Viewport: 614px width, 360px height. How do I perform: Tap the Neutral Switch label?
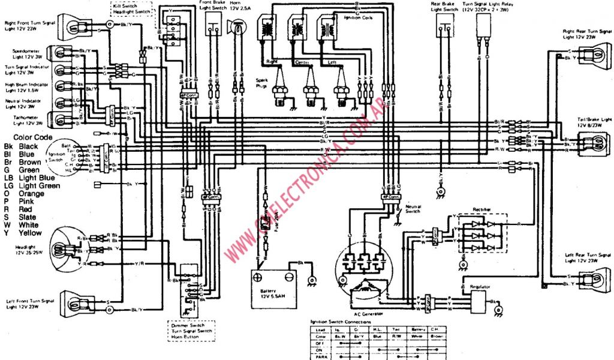click(413, 209)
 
